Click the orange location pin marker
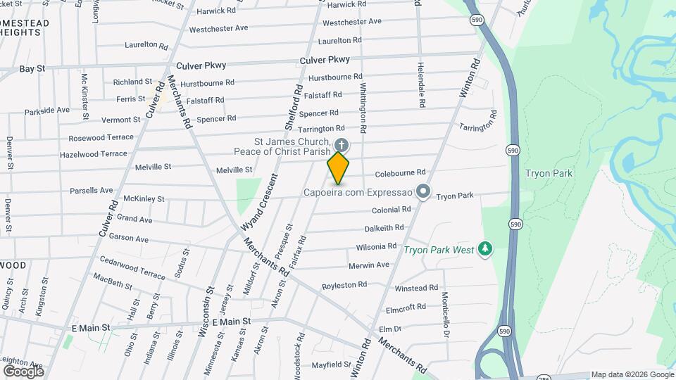[338, 168]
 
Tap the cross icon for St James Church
[341, 146]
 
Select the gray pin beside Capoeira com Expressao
[423, 191]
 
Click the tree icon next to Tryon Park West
[484, 249]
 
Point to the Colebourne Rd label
[401, 172]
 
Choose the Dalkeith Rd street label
[384, 228]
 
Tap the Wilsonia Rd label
[377, 247]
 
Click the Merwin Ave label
[369, 265]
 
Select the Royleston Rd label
[344, 285]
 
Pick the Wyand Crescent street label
[255, 206]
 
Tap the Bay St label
[32, 69]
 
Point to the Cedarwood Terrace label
[131, 270]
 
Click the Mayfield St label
[331, 365]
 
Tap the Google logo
[23, 371]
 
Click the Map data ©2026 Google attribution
[632, 374]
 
